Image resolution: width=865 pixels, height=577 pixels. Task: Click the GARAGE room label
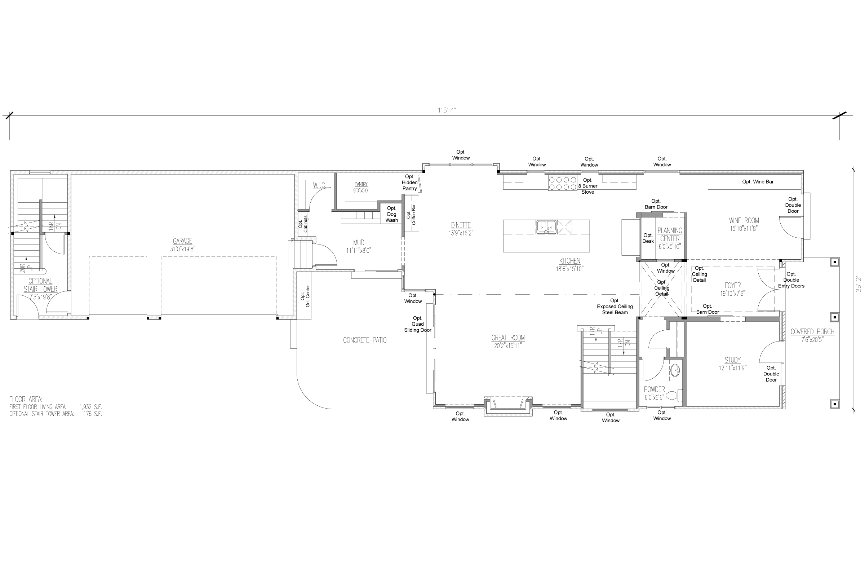[182, 241]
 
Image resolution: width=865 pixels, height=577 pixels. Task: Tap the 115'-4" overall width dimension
[447, 110]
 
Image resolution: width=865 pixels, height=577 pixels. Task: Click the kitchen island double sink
[546, 227]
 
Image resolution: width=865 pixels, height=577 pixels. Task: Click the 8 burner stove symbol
[562, 183]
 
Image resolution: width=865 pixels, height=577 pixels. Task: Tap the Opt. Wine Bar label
[758, 182]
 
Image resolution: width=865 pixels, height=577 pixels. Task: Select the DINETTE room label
[461, 225]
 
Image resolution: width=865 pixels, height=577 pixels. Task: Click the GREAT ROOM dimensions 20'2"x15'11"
[508, 345]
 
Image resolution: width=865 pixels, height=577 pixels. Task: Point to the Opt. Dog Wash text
[391, 214]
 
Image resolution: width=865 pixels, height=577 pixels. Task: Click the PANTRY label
[361, 184]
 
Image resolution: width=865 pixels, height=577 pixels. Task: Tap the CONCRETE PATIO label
[364, 340]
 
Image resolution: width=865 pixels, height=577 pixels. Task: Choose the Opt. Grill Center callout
[306, 296]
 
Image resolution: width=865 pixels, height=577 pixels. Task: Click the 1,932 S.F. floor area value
[90, 407]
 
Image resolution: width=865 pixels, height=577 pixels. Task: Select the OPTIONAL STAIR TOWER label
[40, 285]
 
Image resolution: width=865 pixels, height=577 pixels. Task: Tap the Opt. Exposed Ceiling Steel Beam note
[615, 307]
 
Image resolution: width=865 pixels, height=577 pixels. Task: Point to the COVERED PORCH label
[812, 332]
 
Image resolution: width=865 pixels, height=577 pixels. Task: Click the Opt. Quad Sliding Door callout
[417, 324]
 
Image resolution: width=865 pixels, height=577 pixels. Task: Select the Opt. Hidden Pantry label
[409, 182]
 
